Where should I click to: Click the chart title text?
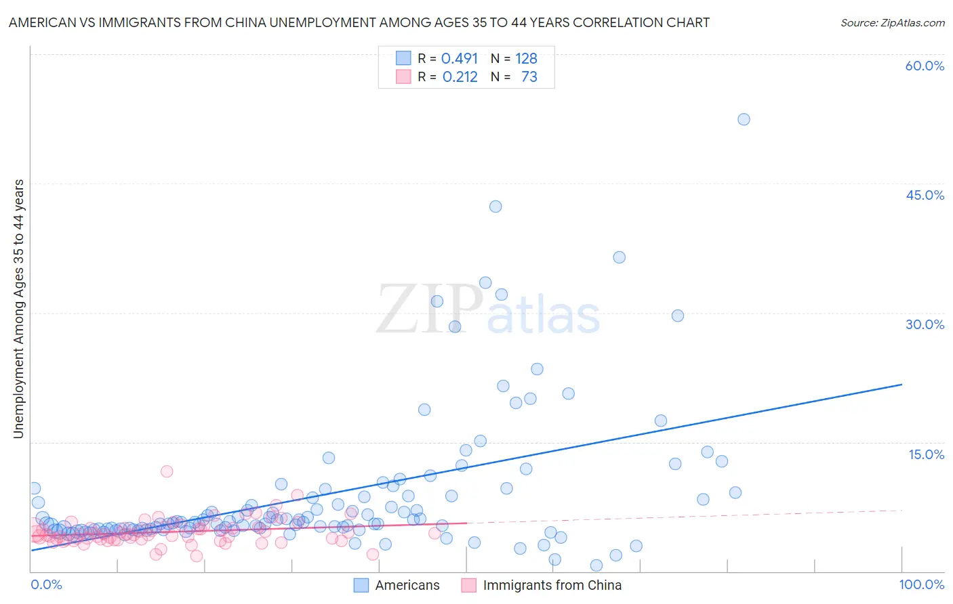359,22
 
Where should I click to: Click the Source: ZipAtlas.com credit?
892,23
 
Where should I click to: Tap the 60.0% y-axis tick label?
925,66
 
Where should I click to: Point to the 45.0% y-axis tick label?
925,195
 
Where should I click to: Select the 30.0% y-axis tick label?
925,324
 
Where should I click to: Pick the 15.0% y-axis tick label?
926,454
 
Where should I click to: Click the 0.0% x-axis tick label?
46,584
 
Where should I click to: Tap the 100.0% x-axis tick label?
921,584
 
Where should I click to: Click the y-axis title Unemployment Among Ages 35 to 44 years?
19,309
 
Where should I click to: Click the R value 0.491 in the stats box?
460,59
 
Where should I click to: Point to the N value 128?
526,59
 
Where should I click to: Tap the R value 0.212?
460,77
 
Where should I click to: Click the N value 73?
529,77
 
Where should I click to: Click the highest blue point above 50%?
744,119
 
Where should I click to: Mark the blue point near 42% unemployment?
495,207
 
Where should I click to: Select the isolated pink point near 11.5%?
167,471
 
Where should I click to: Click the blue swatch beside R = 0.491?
403,59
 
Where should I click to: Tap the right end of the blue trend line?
901,385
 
